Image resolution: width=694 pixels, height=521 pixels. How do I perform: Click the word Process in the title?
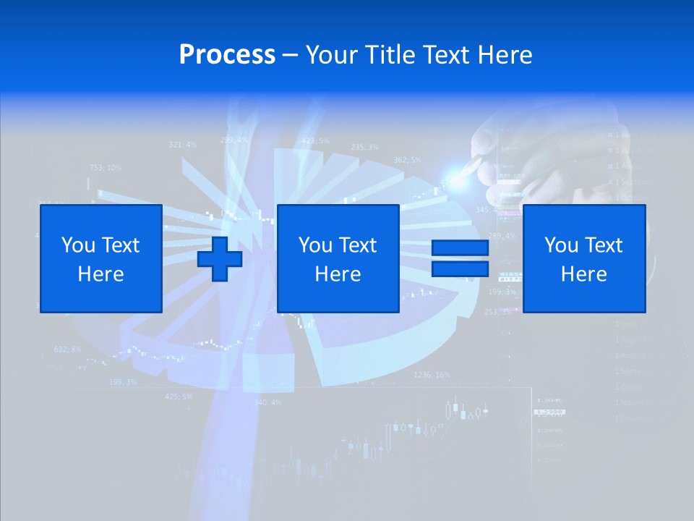[x=227, y=55]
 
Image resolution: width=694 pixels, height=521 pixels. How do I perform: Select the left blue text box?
[x=100, y=258]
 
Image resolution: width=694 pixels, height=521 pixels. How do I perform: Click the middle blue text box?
[x=338, y=258]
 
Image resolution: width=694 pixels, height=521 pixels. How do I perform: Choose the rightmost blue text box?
[x=583, y=258]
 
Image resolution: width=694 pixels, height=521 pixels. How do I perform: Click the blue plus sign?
[x=220, y=258]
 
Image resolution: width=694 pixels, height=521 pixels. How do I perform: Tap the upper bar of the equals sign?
[x=460, y=248]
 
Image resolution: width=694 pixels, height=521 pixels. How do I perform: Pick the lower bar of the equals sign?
[x=460, y=269]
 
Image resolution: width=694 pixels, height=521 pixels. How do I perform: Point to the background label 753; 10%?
[x=106, y=168]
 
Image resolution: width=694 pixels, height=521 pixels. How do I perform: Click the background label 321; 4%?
[x=182, y=145]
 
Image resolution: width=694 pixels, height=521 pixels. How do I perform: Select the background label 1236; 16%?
[x=432, y=375]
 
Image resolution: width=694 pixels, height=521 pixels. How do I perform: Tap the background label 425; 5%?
[x=179, y=397]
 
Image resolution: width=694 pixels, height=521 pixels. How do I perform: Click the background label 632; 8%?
[x=68, y=350]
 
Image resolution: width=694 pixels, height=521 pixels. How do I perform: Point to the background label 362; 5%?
[x=407, y=160]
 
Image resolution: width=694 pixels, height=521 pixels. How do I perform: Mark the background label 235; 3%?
[x=364, y=147]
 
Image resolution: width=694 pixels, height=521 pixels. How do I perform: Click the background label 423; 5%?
[x=315, y=140]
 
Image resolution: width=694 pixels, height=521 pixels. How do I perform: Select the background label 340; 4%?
[x=267, y=402]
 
